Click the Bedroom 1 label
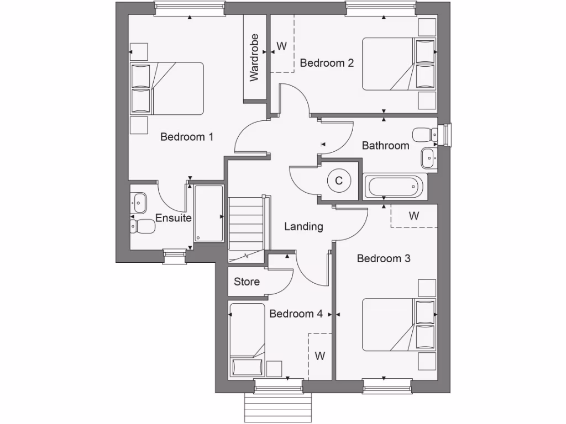coord(187,137)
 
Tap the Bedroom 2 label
coord(327,63)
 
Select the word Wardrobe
coord(254,57)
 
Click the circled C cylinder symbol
coord(339,181)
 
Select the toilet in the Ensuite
coord(144,226)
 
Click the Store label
coord(247,282)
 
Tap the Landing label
coord(303,226)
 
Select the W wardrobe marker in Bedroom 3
coord(414,216)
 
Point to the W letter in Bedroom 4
coord(320,356)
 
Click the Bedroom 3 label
coord(384,258)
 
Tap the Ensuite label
coord(174,218)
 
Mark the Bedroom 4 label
coord(296,314)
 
